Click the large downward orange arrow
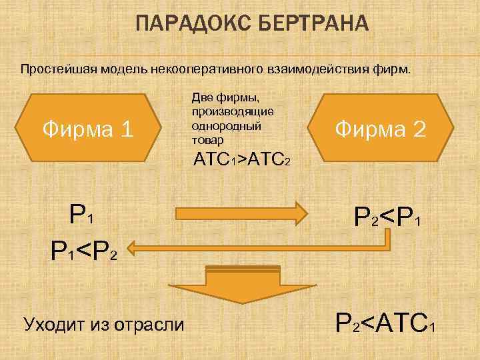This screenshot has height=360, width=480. tap(240, 286)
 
